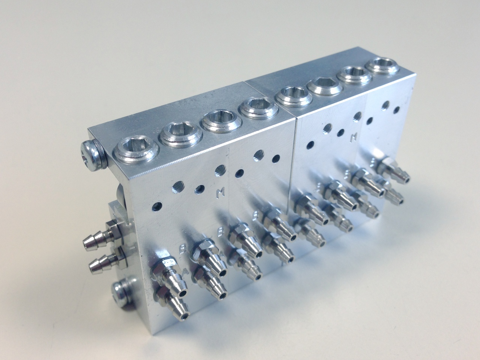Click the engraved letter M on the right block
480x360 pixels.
pos(352,138)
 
